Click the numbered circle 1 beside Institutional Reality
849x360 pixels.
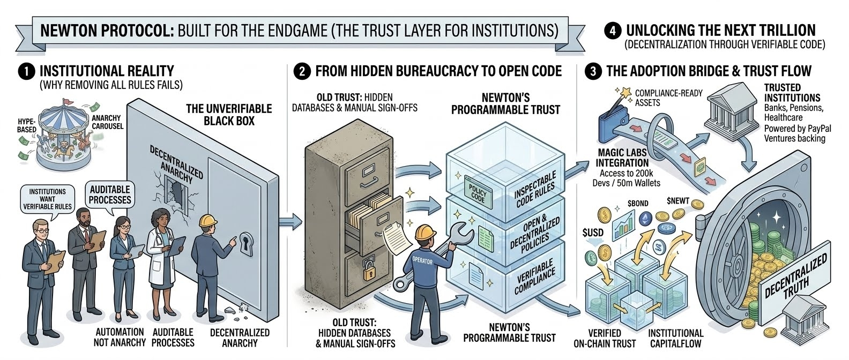tap(26, 72)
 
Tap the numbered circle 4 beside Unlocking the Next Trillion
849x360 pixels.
tap(613, 31)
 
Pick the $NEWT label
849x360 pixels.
tap(677, 200)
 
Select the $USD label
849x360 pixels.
tap(593, 232)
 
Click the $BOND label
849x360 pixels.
tap(638, 203)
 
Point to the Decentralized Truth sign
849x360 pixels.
tap(795, 276)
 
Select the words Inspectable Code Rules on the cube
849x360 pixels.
tap(535, 190)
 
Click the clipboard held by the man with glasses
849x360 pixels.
tap(55, 262)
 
